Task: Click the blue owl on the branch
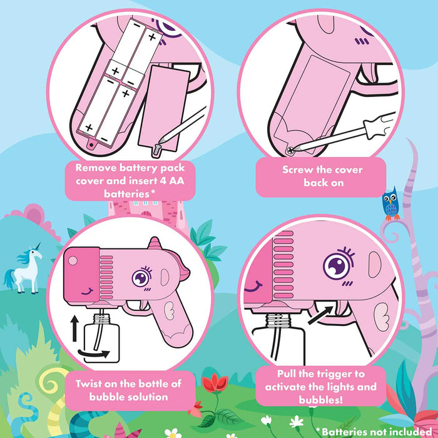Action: [x=391, y=203]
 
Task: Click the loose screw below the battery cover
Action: [x=156, y=150]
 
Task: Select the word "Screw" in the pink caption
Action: [x=297, y=170]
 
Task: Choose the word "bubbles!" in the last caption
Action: [x=320, y=399]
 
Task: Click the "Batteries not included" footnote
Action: [x=374, y=431]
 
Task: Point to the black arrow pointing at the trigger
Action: [x=320, y=315]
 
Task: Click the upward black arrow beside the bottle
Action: [x=74, y=328]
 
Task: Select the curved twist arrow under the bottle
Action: [x=94, y=354]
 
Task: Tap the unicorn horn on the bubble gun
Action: [x=154, y=243]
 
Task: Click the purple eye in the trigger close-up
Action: [x=338, y=265]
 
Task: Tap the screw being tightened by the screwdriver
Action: [x=291, y=151]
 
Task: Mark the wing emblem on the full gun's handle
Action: [x=169, y=311]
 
